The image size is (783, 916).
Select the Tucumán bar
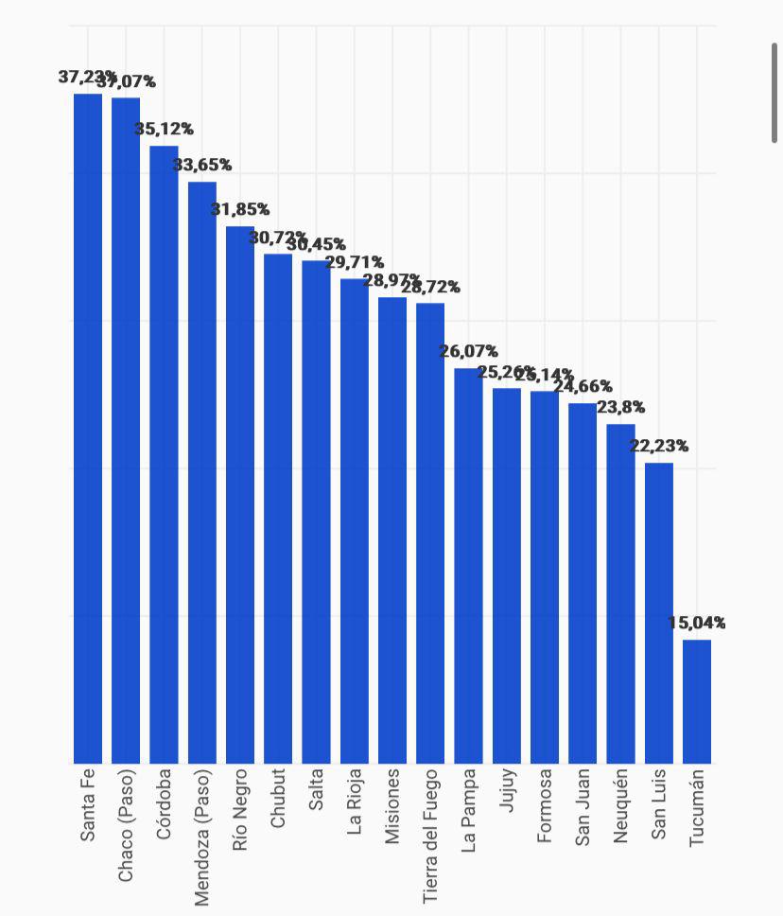pos(697,701)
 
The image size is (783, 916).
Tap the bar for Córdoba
pos(164,454)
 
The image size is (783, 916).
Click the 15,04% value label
pos(697,623)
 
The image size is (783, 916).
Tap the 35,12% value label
pos(164,129)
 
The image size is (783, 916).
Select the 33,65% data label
pos(202,165)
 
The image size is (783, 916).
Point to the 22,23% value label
pos(659,446)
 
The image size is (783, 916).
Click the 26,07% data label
pos(468,351)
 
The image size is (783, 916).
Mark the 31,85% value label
pos(240,209)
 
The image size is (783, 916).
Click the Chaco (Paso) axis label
pos(126,825)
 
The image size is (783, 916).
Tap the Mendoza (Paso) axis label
pos(201,837)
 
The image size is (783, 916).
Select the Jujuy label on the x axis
pos(507,791)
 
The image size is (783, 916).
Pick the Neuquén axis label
pos(620,805)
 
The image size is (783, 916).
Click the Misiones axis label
pos(392,805)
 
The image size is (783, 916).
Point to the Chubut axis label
pos(278,798)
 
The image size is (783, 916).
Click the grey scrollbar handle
pos(774,93)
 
